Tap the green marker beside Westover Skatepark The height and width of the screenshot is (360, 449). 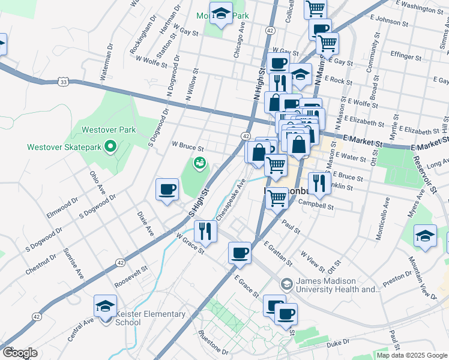[x=110, y=146]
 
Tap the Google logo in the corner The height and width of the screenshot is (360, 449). [x=20, y=353]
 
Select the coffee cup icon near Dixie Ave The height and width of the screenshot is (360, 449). [x=167, y=190]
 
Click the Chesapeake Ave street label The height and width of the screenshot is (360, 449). [x=231, y=199]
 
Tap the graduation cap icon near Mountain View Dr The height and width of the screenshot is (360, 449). [x=425, y=235]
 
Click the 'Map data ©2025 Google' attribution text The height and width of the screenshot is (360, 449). [x=412, y=355]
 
